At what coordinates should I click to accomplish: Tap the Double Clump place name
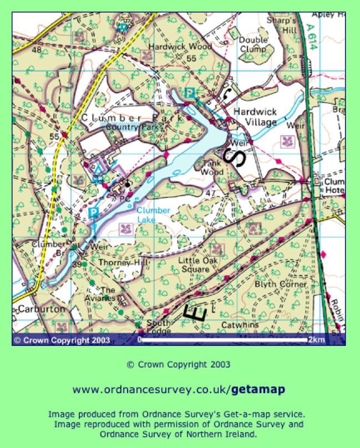[253, 44]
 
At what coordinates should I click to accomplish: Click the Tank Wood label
[214, 167]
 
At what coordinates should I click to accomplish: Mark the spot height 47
[210, 193]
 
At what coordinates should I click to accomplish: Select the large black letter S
[235, 157]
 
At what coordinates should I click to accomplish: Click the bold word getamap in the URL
[258, 390]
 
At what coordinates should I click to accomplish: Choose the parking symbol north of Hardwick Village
[189, 93]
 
